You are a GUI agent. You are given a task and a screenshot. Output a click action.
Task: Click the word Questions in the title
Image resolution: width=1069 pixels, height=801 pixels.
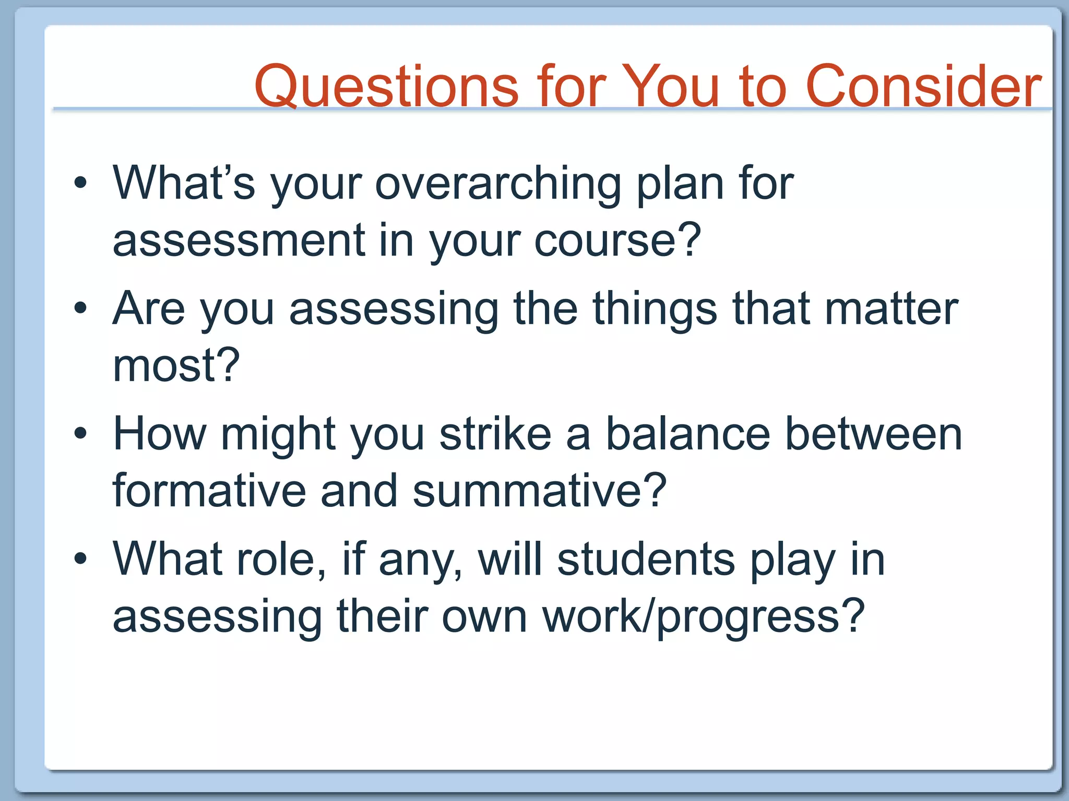coord(386,86)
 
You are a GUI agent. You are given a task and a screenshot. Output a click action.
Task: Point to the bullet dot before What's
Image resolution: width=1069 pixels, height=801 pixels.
coord(80,183)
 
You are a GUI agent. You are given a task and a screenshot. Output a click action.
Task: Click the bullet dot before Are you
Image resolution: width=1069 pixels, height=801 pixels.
coord(80,308)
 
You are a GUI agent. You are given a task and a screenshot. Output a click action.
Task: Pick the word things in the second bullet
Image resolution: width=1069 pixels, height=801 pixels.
coord(655,309)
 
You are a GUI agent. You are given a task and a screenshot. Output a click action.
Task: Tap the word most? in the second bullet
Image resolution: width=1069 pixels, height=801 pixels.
coord(176,366)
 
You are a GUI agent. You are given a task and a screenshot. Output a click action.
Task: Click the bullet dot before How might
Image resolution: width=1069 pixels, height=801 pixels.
coord(80,433)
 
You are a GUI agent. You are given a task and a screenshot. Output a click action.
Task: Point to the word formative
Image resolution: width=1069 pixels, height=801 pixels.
coord(209,491)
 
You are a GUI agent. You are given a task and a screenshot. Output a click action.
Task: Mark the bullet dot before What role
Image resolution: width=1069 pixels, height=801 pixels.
coord(80,559)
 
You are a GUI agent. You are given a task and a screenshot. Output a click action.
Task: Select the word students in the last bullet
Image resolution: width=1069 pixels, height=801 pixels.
coord(646,560)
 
